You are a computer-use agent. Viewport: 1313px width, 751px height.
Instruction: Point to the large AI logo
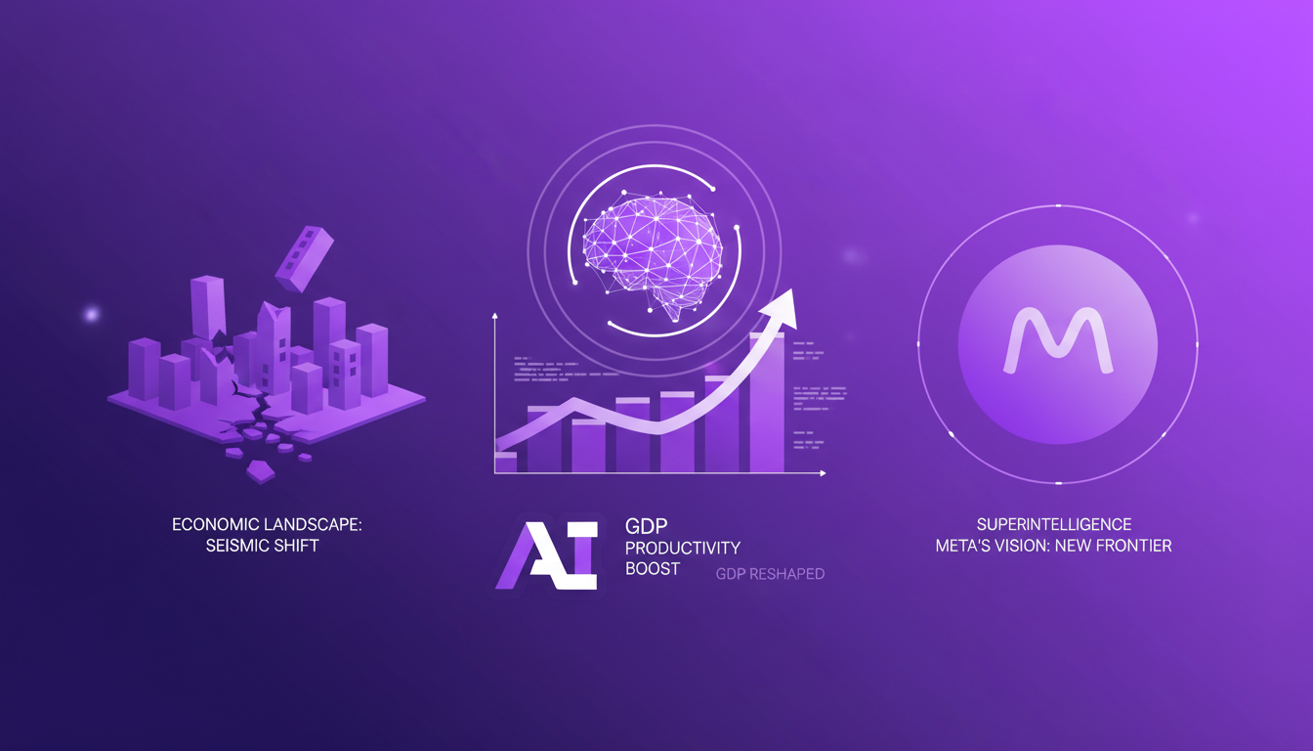(546, 554)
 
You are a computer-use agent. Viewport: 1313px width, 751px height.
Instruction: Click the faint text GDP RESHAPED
(770, 574)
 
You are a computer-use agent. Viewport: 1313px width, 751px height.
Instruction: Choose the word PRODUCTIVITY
(683, 548)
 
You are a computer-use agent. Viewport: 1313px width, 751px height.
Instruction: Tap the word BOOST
(652, 568)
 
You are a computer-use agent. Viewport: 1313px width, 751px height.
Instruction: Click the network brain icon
(653, 251)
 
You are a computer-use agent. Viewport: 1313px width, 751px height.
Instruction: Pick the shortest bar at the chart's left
(506, 463)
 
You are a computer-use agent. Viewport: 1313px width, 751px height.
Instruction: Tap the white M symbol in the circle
(1058, 340)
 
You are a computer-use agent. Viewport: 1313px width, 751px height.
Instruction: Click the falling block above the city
(304, 256)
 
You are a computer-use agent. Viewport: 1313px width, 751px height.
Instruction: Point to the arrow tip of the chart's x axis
(823, 473)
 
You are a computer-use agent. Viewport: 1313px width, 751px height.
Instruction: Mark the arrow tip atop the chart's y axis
(495, 317)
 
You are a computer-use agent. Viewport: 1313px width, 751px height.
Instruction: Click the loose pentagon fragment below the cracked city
(260, 472)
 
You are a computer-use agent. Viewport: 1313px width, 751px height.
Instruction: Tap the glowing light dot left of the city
(92, 315)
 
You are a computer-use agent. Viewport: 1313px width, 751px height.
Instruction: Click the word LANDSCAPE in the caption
(307, 525)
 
